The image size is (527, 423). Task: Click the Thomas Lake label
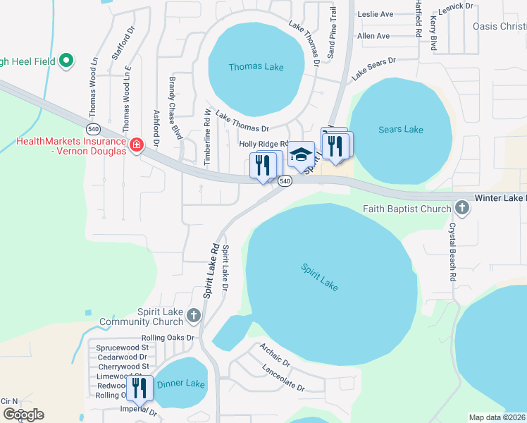tap(256, 67)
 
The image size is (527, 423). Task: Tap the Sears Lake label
tap(401, 129)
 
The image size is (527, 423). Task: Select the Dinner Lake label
tap(180, 384)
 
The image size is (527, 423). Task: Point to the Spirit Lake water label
tap(319, 276)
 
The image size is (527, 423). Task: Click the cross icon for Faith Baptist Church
tap(461, 208)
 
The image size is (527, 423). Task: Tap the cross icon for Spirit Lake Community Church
tap(193, 313)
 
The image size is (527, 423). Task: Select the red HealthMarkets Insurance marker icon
tap(136, 146)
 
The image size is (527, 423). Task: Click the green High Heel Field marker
tap(67, 61)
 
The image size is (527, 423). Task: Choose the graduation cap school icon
tap(302, 155)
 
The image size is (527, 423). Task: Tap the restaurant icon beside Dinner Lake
tap(139, 388)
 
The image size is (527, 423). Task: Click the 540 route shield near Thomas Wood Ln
tap(93, 128)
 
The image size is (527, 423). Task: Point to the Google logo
tap(23, 414)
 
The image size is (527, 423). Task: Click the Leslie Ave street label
tap(376, 14)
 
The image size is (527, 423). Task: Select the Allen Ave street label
tap(373, 36)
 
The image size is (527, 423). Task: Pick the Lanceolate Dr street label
tap(283, 378)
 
